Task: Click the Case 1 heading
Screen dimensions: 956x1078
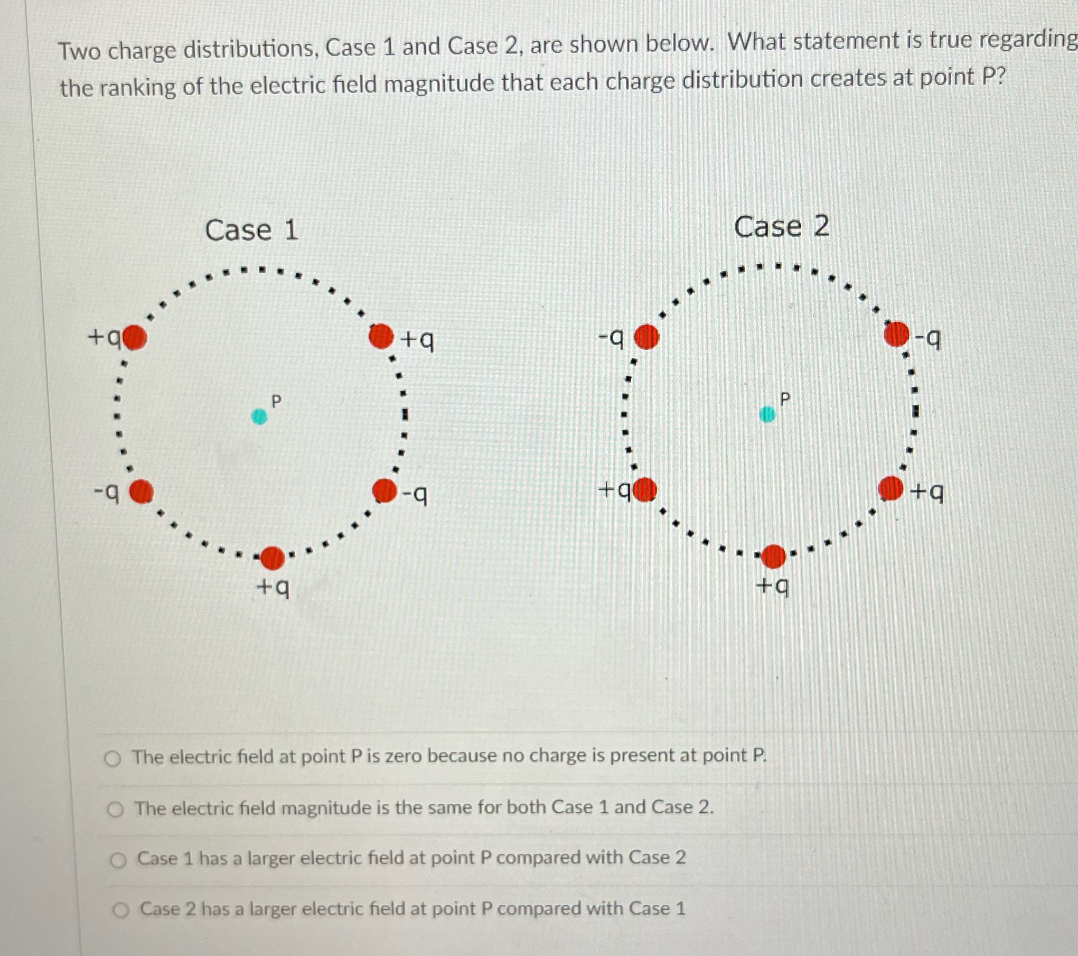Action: pyautogui.click(x=251, y=230)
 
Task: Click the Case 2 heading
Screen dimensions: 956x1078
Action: pyautogui.click(x=781, y=227)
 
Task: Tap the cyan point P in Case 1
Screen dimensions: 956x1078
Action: pyautogui.click(x=259, y=416)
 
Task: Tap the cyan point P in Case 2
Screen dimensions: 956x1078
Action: pyautogui.click(x=767, y=414)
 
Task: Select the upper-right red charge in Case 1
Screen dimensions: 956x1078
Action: pyautogui.click(x=381, y=336)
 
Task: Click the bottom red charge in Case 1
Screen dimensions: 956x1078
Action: pyautogui.click(x=273, y=558)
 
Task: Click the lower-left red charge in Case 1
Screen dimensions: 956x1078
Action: pyautogui.click(x=142, y=492)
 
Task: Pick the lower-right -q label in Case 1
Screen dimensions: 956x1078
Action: pyautogui.click(x=415, y=495)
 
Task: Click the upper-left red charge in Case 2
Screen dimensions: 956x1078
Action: pyautogui.click(x=646, y=337)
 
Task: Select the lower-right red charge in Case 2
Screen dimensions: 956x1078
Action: pyautogui.click(x=891, y=488)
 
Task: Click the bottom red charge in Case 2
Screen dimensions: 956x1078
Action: pyautogui.click(x=774, y=556)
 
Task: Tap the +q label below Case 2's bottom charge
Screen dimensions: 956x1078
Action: pyautogui.click(x=773, y=586)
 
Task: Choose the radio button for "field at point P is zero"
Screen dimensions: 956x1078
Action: pyautogui.click(x=113, y=759)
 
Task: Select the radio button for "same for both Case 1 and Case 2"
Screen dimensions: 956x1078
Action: pyautogui.click(x=116, y=810)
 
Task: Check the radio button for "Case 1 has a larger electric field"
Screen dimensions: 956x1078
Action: pyautogui.click(x=118, y=860)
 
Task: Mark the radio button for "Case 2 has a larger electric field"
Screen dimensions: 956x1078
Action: pyautogui.click(x=121, y=910)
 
